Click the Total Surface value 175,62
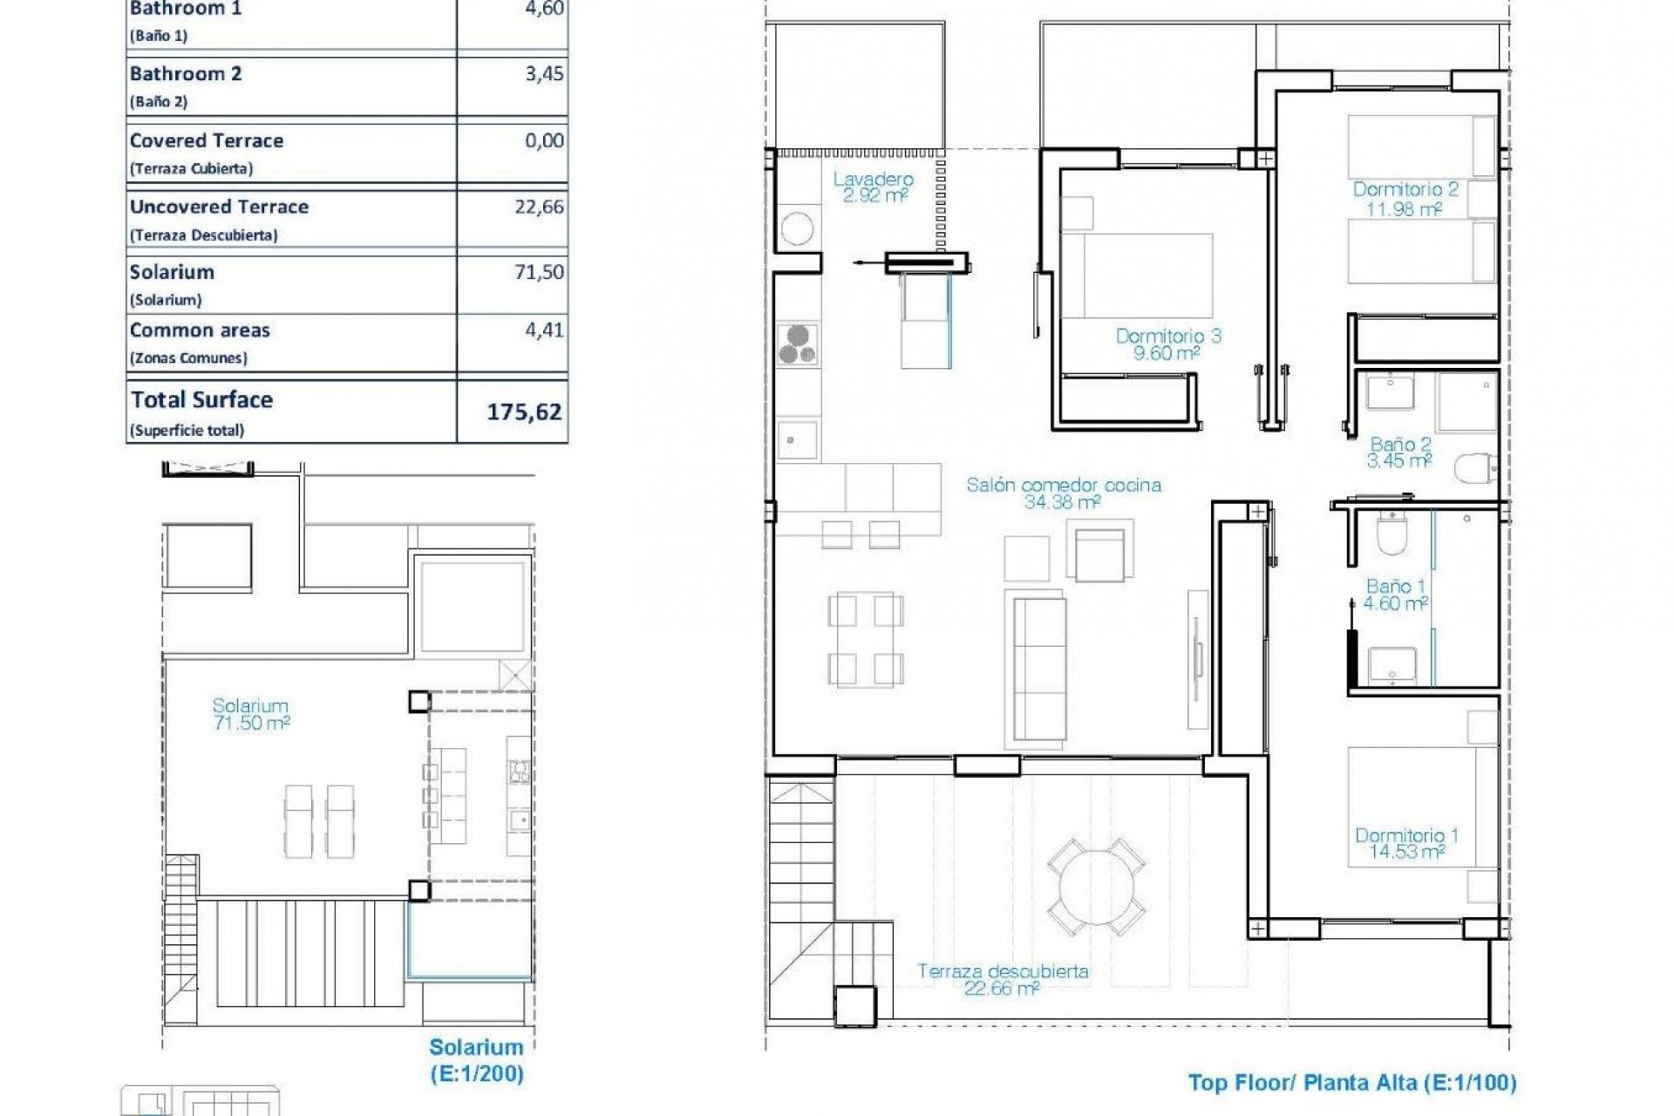[x=523, y=412]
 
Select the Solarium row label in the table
[x=172, y=272]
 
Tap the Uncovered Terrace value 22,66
[x=539, y=207]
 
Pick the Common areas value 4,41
[x=544, y=330]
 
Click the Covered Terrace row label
[x=207, y=140]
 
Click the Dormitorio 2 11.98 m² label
[x=1405, y=199]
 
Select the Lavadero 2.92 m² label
[x=874, y=187]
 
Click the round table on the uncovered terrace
[x=1096, y=888]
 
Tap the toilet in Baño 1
[x=1392, y=534]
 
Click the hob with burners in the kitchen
[x=797, y=344]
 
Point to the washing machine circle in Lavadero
[x=797, y=229]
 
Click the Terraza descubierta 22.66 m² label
[x=1003, y=979]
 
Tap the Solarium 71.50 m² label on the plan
[x=251, y=713]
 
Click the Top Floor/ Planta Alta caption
[x=1351, y=1083]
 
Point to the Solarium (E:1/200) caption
[x=476, y=1059]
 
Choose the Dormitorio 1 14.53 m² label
[x=1405, y=843]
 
